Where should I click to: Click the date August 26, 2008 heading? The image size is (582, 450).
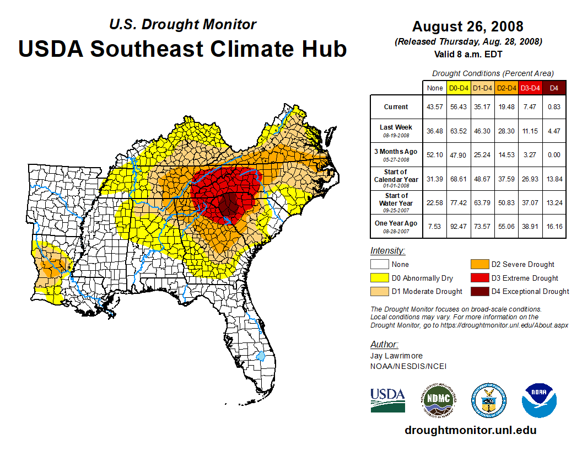point(467,26)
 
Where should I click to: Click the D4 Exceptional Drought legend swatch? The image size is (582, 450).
point(479,292)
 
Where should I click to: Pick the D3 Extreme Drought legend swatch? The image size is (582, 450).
point(479,278)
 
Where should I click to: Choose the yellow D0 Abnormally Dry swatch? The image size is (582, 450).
point(380,278)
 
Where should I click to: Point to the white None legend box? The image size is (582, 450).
point(380,264)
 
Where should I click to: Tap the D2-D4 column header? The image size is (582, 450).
point(506,88)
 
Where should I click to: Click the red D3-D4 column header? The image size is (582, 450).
point(530,88)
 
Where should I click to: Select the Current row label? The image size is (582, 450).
point(396,107)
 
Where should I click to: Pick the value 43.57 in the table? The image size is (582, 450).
point(435,107)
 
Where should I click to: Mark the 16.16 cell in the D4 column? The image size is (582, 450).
point(554,226)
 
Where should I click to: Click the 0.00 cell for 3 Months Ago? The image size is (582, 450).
point(554,154)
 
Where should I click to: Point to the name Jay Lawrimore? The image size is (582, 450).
point(397,356)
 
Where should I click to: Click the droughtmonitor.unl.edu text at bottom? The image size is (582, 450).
point(470,430)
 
